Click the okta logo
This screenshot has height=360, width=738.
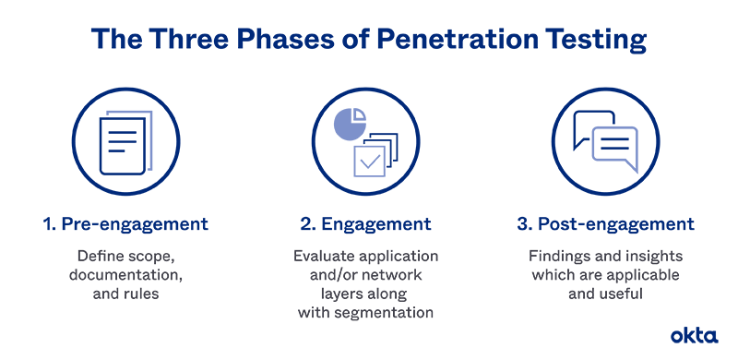coord(694,335)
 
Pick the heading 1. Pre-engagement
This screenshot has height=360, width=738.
coord(124,224)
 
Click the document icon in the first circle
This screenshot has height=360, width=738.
coord(125,143)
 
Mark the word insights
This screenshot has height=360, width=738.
coord(646,255)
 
